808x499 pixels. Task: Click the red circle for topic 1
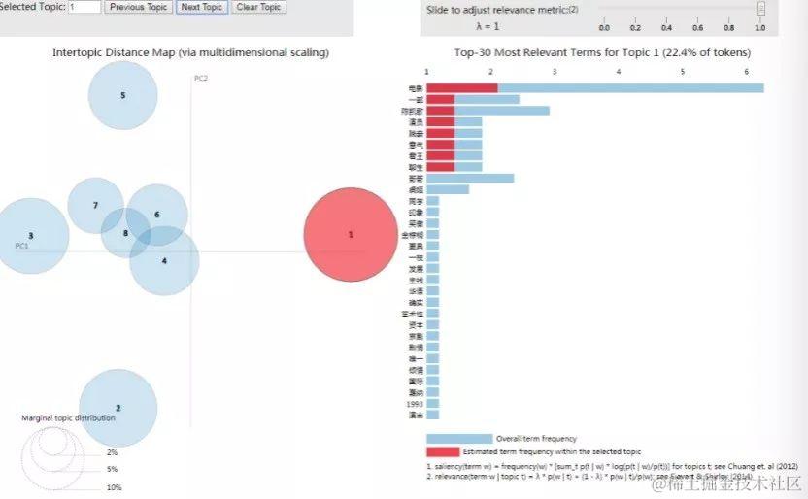point(351,235)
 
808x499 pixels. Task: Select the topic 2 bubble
point(118,408)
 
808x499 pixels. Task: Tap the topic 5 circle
point(122,95)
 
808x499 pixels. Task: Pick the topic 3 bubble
point(31,236)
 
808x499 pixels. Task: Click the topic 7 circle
point(95,205)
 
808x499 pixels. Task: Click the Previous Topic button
point(139,7)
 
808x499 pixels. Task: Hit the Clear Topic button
point(258,7)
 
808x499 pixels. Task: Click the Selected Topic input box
point(84,7)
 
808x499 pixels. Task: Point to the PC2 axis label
point(201,78)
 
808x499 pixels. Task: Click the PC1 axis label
point(21,246)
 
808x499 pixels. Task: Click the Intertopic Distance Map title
point(190,51)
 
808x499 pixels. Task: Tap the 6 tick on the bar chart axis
point(746,72)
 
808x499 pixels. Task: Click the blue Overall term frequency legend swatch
point(458,439)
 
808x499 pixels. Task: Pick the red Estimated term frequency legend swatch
point(458,451)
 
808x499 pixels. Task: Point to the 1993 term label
point(416,403)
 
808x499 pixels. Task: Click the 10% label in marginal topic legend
point(114,487)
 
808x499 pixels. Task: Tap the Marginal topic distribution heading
point(68,418)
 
